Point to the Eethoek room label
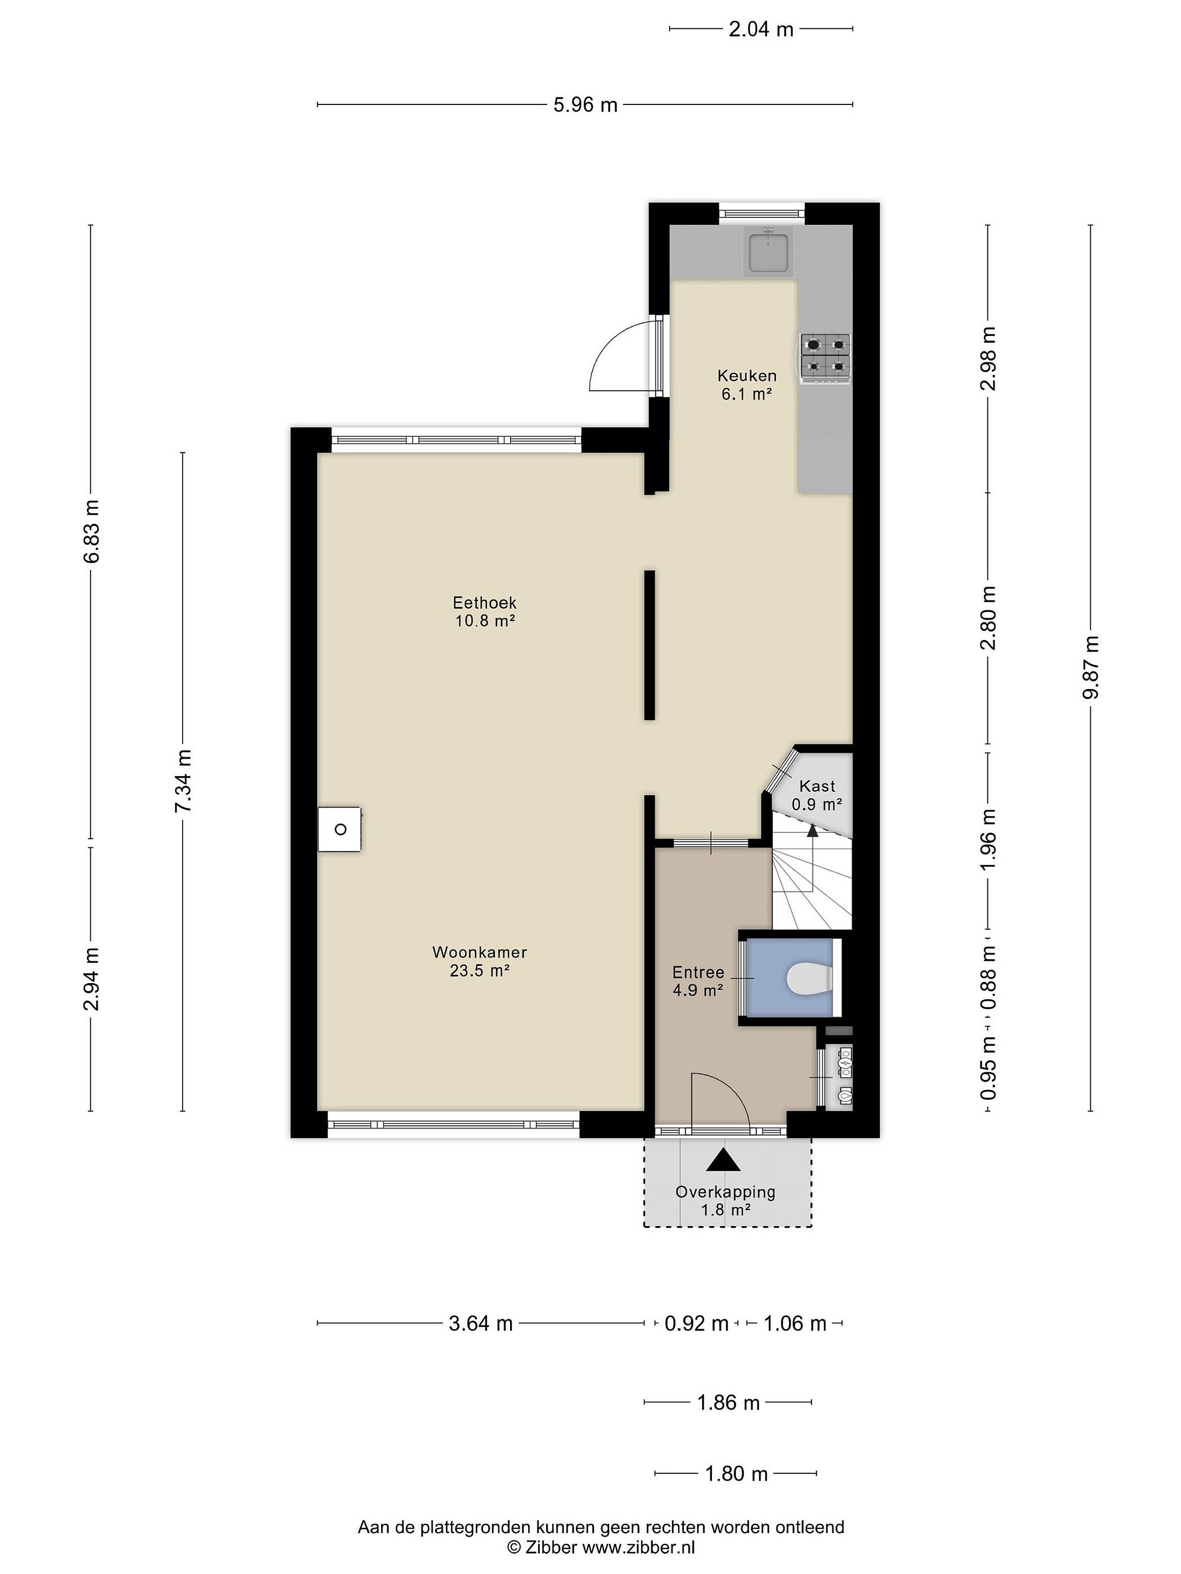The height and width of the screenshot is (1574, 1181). tap(485, 611)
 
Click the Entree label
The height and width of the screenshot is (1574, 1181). tap(698, 972)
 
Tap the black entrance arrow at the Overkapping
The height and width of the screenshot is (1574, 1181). tap(723, 1160)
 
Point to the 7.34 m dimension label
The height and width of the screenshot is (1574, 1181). tap(183, 780)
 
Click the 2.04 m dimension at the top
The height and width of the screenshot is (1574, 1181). tap(761, 29)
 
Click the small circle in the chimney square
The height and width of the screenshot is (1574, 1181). tap(340, 829)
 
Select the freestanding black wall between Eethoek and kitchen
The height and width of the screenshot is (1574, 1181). tap(649, 645)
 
